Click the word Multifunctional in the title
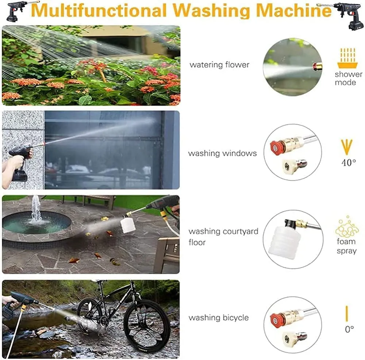[99, 10]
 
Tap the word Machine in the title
[294, 10]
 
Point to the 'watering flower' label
[219, 65]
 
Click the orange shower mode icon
[347, 58]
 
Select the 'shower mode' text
[349, 78]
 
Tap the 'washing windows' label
[222, 153]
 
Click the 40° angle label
[349, 162]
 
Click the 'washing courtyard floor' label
[223, 237]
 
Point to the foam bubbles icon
[347, 226]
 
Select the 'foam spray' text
[347, 246]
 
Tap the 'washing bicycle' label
[219, 318]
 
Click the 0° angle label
[349, 329]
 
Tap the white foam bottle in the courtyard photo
[127, 225]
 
